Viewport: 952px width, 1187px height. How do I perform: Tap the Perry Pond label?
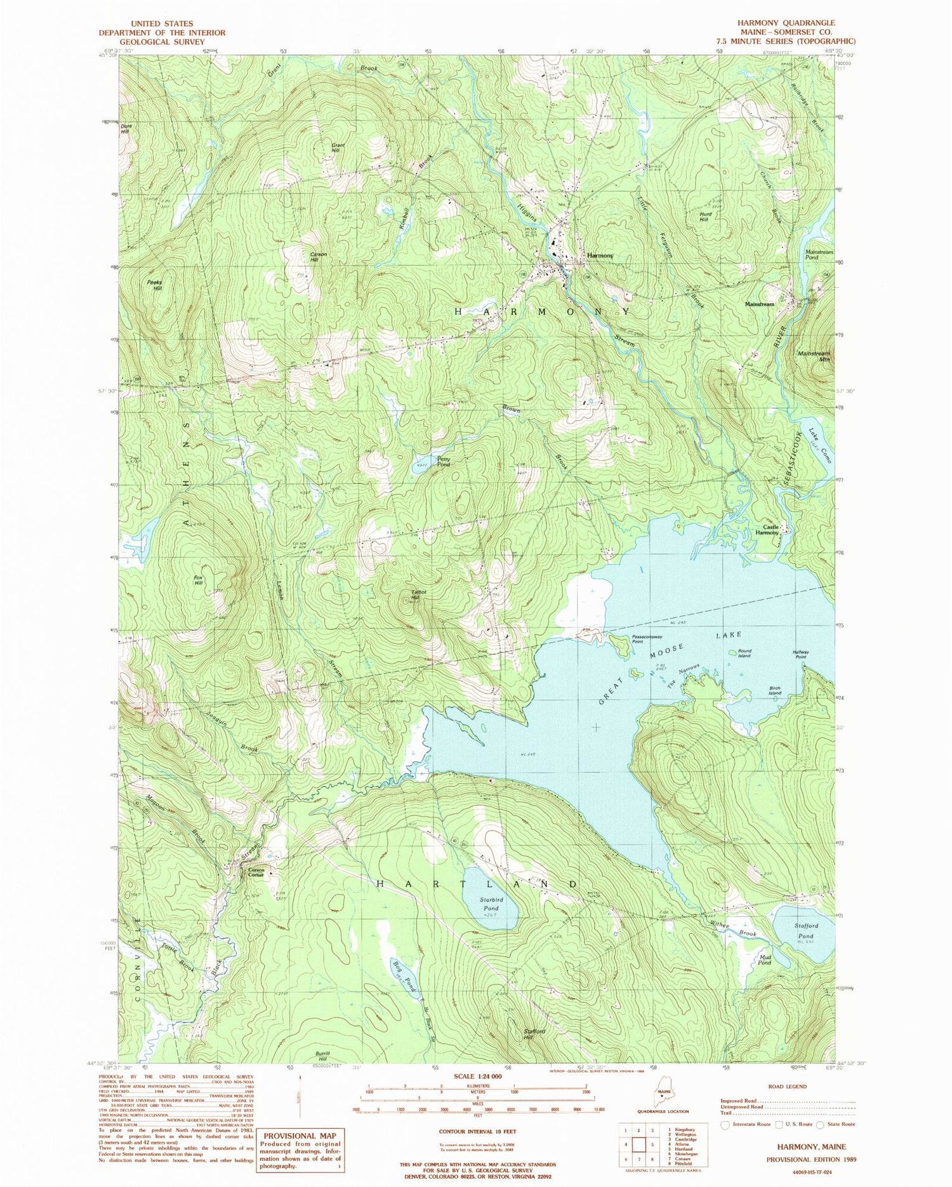(443, 461)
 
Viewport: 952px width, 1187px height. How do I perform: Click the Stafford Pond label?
(805, 931)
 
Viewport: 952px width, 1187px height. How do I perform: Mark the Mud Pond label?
(764, 959)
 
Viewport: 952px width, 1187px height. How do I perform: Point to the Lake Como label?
(820, 445)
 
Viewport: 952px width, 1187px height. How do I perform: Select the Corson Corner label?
(256, 872)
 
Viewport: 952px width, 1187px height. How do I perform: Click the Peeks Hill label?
(154, 285)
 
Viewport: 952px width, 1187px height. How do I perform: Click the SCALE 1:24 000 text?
(475, 1077)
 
